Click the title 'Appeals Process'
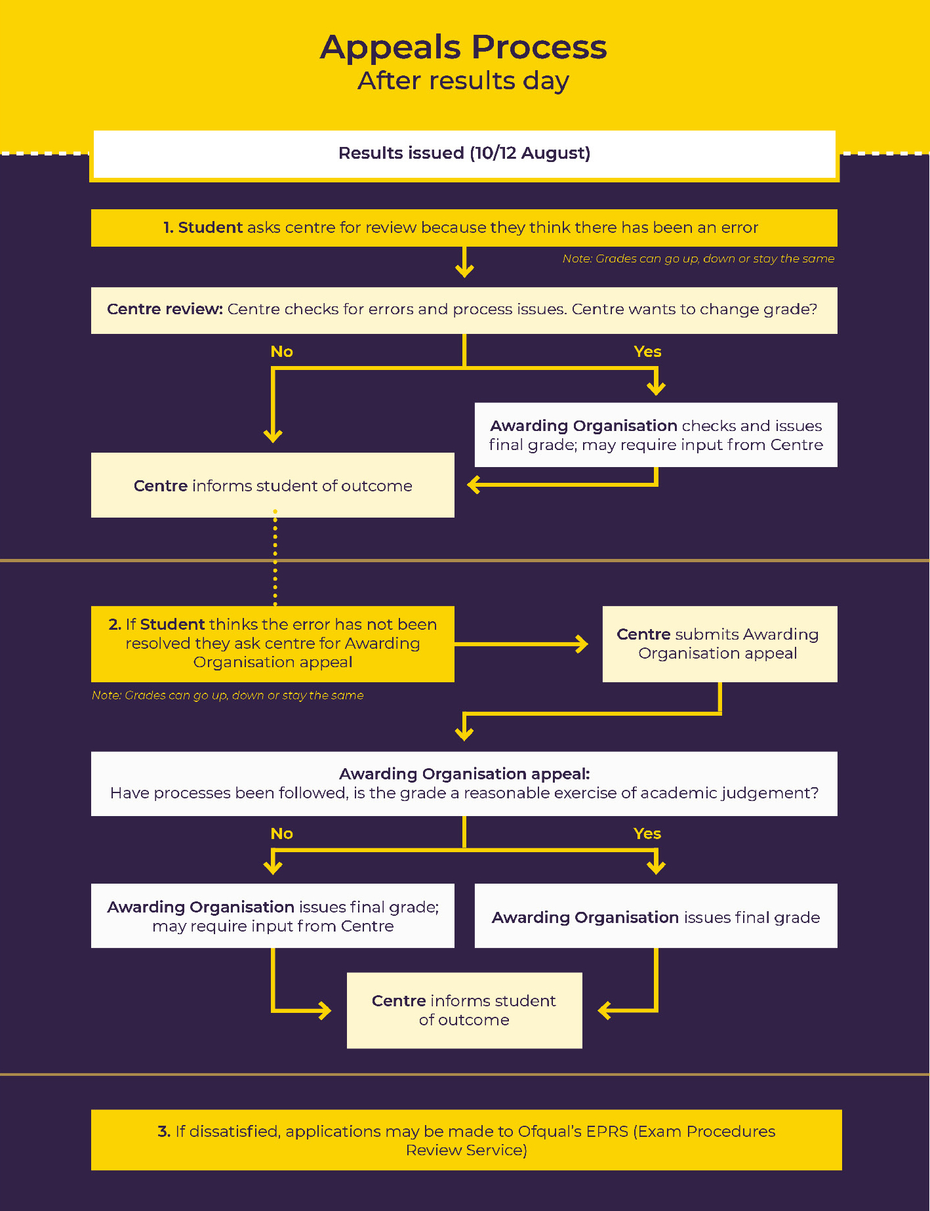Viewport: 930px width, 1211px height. tap(464, 47)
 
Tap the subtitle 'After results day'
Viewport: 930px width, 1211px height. tap(464, 81)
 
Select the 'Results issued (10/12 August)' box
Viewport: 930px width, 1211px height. tap(464, 154)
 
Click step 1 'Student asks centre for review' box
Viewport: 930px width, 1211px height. tap(464, 228)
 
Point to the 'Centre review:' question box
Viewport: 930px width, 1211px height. tap(464, 310)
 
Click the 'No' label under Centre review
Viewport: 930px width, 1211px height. tap(281, 352)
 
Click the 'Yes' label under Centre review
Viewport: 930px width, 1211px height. tap(647, 352)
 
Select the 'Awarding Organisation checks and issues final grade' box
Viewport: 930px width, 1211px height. tap(656, 435)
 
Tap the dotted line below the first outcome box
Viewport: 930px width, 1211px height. tap(275, 558)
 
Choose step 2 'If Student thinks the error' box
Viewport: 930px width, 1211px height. tap(272, 644)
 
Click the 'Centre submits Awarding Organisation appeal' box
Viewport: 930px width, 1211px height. tap(719, 644)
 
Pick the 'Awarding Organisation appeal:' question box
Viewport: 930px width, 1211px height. tap(464, 783)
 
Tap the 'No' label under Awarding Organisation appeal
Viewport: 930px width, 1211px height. tap(281, 834)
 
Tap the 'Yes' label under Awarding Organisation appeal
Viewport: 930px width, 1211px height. tap(647, 834)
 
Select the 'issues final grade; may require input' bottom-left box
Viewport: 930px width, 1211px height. tap(272, 916)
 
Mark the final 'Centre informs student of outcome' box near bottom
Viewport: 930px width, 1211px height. tap(464, 1010)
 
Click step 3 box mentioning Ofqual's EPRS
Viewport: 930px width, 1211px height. tap(466, 1140)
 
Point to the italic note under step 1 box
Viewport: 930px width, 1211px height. tap(698, 259)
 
